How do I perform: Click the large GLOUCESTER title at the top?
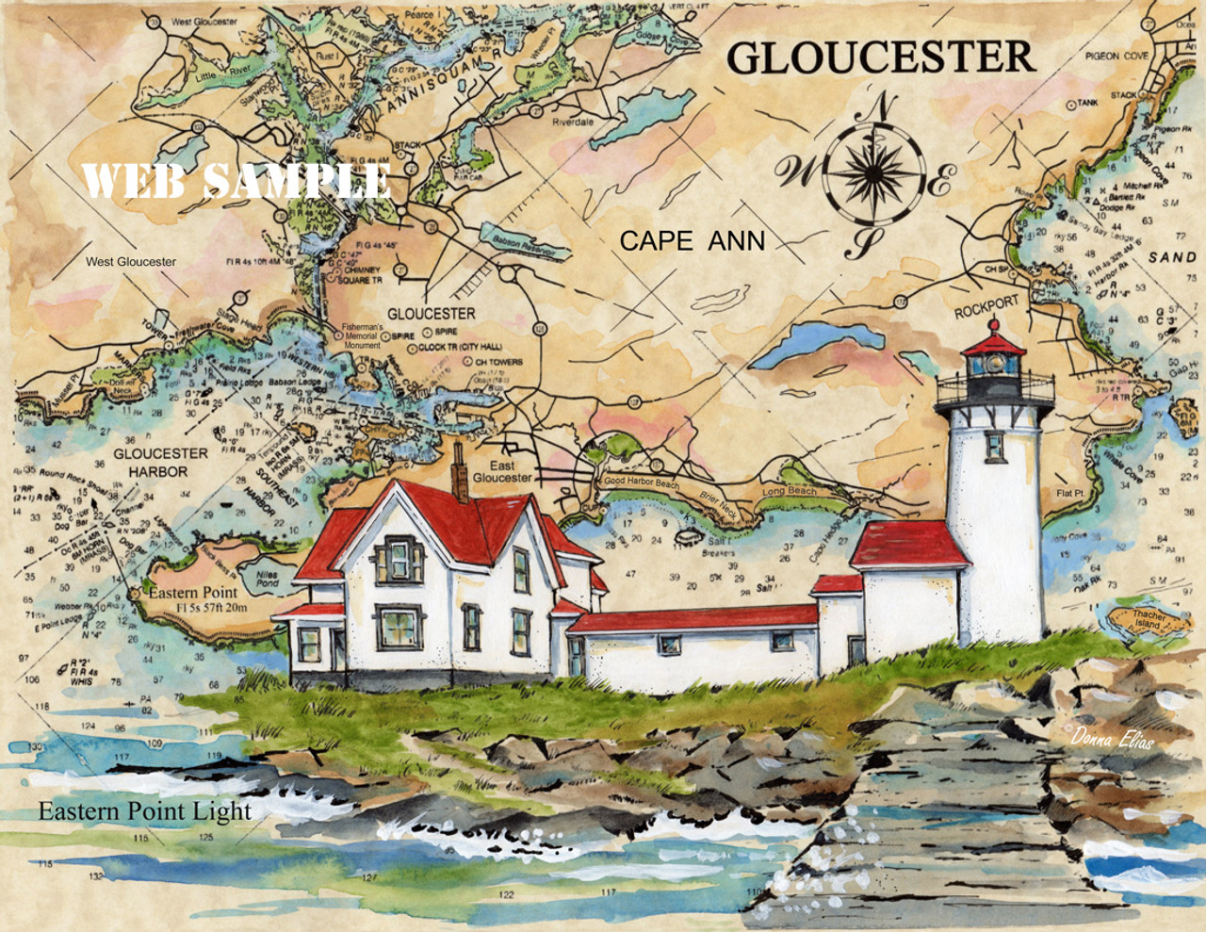pos(880,57)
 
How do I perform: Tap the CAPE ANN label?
pos(692,241)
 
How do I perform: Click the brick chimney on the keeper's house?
pos(460,471)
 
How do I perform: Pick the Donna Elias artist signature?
pos(1112,740)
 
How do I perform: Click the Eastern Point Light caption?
pos(145,811)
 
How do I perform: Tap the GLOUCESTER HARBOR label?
pos(160,462)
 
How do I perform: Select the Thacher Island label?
pos(1147,619)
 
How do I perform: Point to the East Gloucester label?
pos(502,471)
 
